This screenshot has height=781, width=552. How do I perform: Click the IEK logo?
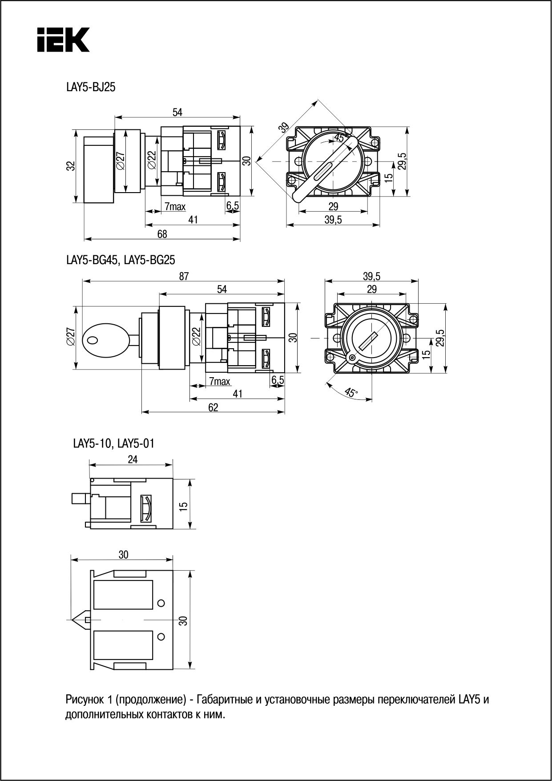pos(63,39)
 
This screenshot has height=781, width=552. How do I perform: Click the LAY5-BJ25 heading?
pos(91,88)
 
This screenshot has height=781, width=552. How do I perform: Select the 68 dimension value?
pos(162,234)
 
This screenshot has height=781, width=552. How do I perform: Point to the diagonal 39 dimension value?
pos(283,128)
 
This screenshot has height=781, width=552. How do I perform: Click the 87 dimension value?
pos(184,276)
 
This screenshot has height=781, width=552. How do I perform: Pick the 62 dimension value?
pos(213,407)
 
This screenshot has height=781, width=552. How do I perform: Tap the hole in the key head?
pos(93,340)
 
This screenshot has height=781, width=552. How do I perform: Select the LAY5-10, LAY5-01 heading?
pos(114,443)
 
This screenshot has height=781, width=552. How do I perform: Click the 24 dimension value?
pos(133,459)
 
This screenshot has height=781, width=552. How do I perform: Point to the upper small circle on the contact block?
pos(161,603)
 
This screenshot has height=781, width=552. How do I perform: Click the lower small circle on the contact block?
pos(161,636)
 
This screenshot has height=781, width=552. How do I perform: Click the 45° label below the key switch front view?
pos(351,392)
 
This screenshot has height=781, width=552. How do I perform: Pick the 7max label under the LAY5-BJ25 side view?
pos(175,206)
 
